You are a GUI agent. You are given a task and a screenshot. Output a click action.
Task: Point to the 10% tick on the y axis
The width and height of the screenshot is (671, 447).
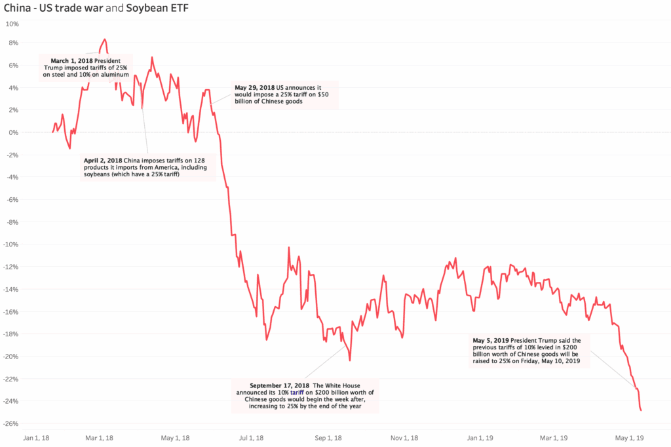pyautogui.click(x=12, y=24)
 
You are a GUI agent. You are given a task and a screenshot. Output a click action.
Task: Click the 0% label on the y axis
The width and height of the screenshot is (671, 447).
pyautogui.click(x=14, y=132)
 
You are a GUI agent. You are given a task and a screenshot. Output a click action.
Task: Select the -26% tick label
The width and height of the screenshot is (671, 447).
pyautogui.click(x=10, y=423)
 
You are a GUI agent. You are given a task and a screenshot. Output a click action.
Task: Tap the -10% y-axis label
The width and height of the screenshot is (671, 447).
pyautogui.click(x=10, y=244)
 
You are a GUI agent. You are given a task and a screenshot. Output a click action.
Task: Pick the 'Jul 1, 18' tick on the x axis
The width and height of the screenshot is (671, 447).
pyautogui.click(x=252, y=437)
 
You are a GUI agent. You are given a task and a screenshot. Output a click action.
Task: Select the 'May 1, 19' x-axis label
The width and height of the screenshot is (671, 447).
pyautogui.click(x=628, y=437)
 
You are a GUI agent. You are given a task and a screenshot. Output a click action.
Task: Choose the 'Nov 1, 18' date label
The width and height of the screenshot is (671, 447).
pyautogui.click(x=405, y=437)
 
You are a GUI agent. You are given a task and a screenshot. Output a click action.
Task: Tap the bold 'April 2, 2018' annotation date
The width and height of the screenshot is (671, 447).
pyautogui.click(x=104, y=160)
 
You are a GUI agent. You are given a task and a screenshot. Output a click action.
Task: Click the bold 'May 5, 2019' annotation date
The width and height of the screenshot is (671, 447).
pyautogui.click(x=494, y=340)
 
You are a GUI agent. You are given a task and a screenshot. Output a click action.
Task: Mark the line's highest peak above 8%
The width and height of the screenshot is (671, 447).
pyautogui.click(x=105, y=39)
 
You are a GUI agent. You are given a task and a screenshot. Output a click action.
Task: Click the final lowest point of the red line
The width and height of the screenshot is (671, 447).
pyautogui.click(x=640, y=410)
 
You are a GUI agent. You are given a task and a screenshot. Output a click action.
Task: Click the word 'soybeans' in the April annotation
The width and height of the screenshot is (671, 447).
pyautogui.click(x=98, y=175)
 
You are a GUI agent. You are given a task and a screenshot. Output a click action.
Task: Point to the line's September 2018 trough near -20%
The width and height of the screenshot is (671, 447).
pyautogui.click(x=350, y=360)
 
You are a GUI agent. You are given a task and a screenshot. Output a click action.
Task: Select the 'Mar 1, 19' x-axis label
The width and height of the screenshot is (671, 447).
pyautogui.click(x=553, y=437)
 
